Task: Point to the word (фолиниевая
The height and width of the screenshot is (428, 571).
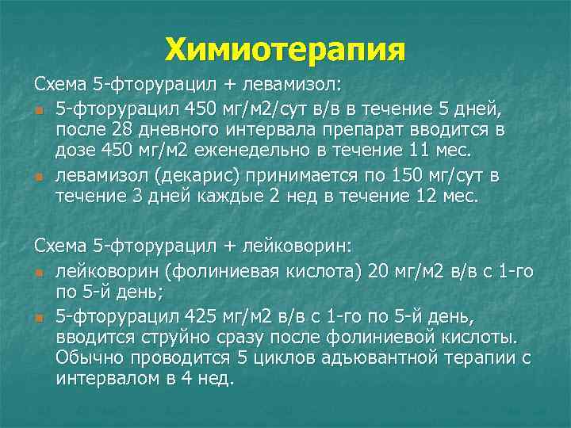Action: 205,273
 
